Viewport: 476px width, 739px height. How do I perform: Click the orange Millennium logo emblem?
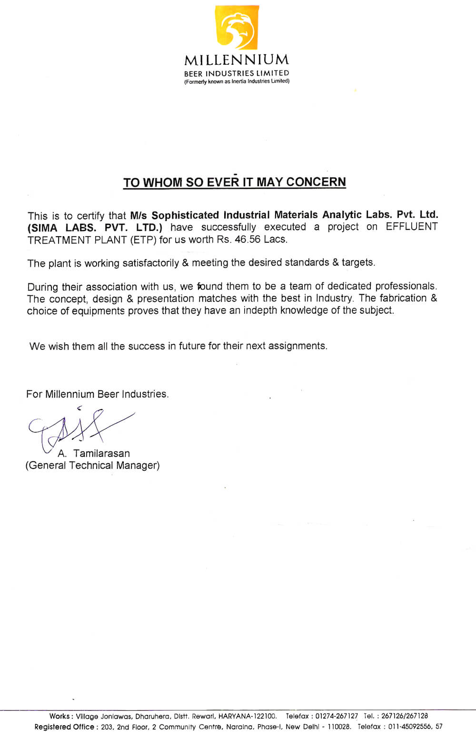pyautogui.click(x=238, y=28)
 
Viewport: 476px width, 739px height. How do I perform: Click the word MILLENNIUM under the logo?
pyautogui.click(x=237, y=60)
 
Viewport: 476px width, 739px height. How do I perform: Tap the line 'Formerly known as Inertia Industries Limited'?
pyautogui.click(x=237, y=81)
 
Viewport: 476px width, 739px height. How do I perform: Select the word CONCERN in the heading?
pyautogui.click(x=316, y=182)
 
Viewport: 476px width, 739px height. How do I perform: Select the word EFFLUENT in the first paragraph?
pyautogui.click(x=411, y=227)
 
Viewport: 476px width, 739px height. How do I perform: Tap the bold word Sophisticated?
pyautogui.click(x=185, y=215)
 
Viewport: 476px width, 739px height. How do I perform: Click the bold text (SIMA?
pyautogui.click(x=42, y=227)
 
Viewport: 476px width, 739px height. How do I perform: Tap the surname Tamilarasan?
pyautogui.click(x=101, y=453)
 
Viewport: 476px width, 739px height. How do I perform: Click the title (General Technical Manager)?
pyautogui.click(x=92, y=465)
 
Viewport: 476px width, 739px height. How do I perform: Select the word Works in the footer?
pyautogui.click(x=59, y=716)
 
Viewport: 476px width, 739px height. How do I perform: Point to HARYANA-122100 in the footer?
pyautogui.click(x=247, y=716)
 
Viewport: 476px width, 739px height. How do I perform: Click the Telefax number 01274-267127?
pyautogui.click(x=337, y=716)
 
